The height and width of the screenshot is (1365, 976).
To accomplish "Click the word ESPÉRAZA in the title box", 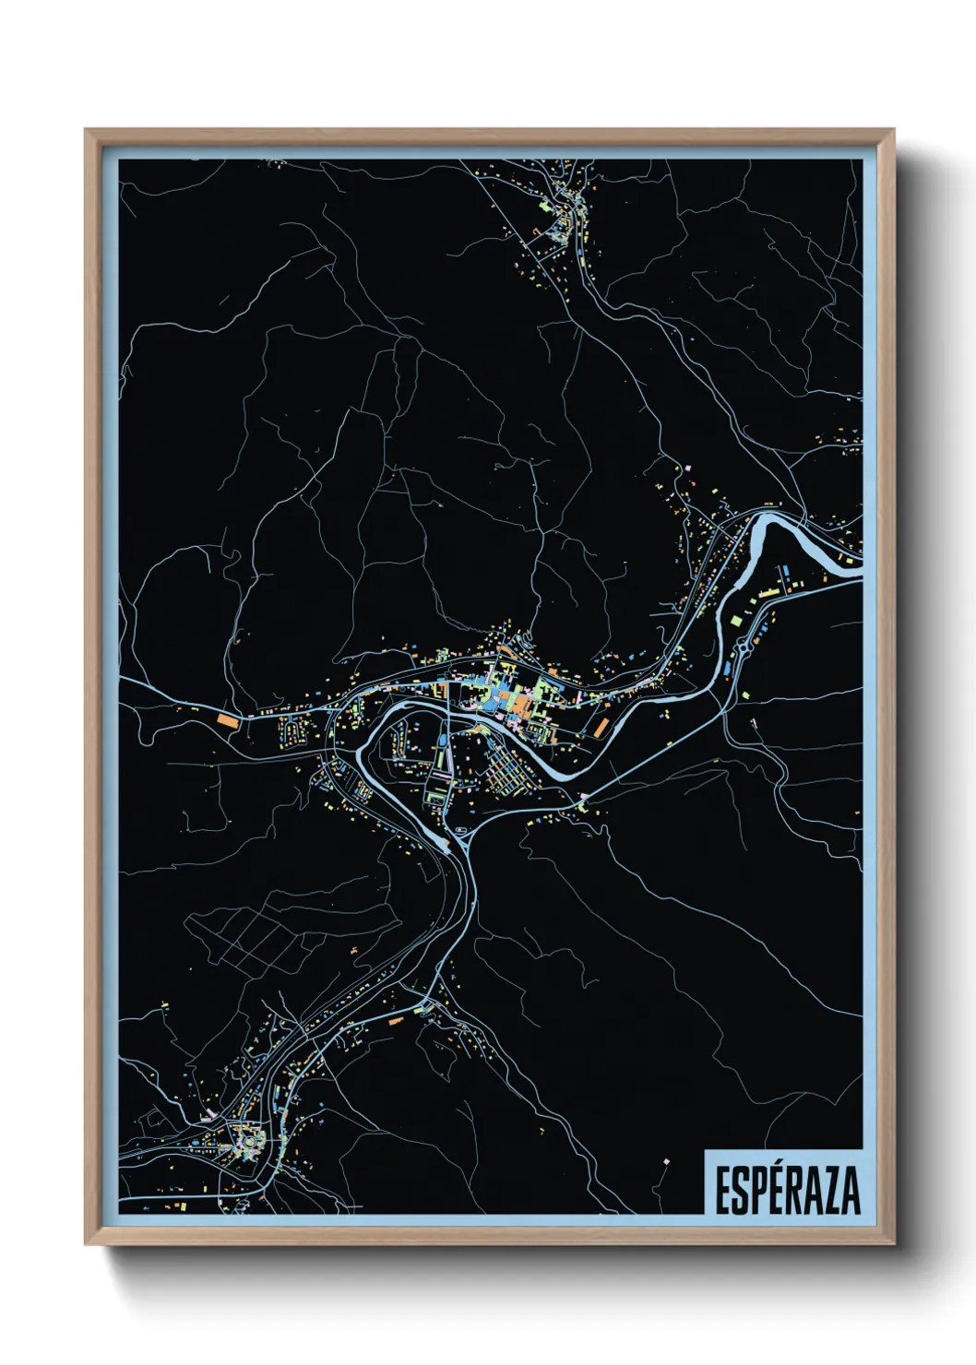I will pos(787,1190).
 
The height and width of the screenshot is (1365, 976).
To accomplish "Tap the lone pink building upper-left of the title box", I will pos(666,1159).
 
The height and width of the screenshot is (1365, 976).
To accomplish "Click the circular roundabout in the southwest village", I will pos(248,1144).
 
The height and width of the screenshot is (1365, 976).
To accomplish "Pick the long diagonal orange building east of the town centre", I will pos(601,727).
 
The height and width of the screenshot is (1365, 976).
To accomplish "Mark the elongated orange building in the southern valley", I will pos(396,1021).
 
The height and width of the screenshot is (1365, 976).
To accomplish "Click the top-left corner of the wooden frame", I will pos(87,131).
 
